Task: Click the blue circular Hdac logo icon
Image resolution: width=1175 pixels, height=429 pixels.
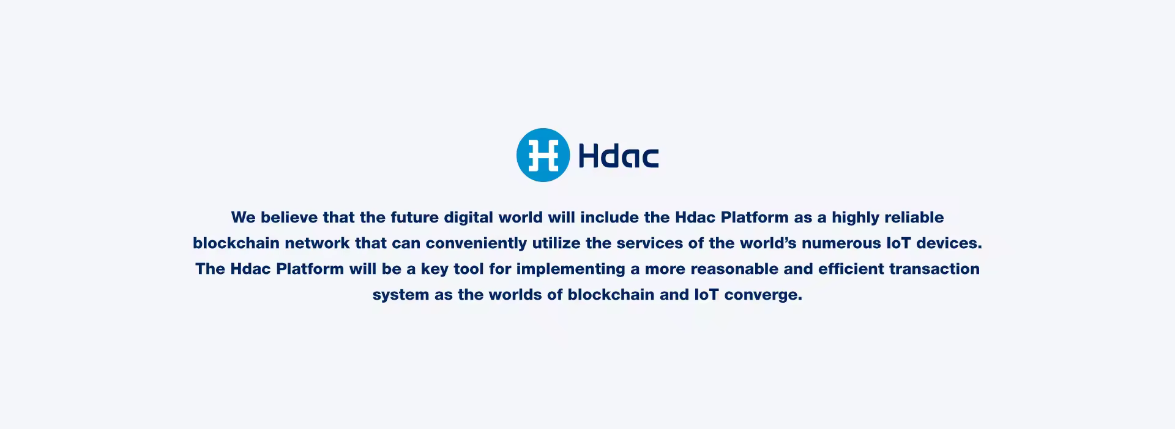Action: [x=543, y=155]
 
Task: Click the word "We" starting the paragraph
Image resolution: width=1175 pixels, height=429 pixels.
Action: [x=243, y=218]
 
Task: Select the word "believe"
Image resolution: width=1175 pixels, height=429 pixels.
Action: [x=289, y=218]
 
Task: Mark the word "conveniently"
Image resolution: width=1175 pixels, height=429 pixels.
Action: [x=476, y=244]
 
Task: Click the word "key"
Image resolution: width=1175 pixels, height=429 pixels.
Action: [x=435, y=270]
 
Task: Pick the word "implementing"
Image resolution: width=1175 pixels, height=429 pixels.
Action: [x=567, y=270]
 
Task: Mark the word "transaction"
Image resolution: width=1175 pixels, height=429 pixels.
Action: [x=934, y=269]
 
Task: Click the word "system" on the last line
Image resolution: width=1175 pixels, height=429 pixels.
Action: [x=401, y=295]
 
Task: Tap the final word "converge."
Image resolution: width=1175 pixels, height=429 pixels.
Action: [x=763, y=295]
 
